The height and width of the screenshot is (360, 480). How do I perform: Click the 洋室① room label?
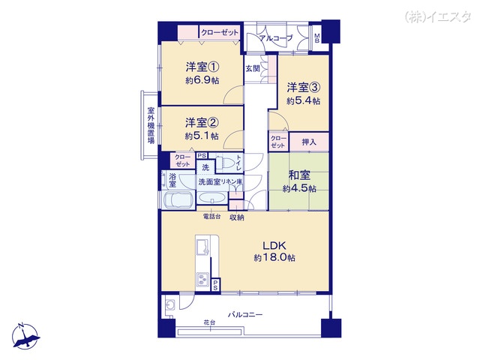202,67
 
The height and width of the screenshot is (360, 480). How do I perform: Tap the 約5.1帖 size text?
202,136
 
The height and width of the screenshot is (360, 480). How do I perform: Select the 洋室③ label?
303,88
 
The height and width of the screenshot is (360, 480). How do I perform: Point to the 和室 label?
299,175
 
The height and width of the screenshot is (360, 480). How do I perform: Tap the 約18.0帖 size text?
274,258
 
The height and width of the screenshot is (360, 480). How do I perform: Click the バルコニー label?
245,314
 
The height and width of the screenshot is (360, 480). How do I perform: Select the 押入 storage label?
309,142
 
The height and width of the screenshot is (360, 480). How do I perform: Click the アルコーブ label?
276,38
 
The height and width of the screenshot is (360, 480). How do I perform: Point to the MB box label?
316,38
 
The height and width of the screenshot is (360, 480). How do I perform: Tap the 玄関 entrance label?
253,68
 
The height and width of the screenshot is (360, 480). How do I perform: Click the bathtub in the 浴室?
178,201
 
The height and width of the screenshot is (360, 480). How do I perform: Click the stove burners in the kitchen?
202,280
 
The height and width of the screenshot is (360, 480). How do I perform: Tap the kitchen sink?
202,247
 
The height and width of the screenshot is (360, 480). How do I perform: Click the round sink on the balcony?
170,304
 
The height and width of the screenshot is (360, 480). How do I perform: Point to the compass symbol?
25,336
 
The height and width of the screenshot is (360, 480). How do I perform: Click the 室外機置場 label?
151,125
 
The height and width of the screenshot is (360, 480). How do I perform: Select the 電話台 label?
211,217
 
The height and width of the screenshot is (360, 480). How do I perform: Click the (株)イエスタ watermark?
438,16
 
